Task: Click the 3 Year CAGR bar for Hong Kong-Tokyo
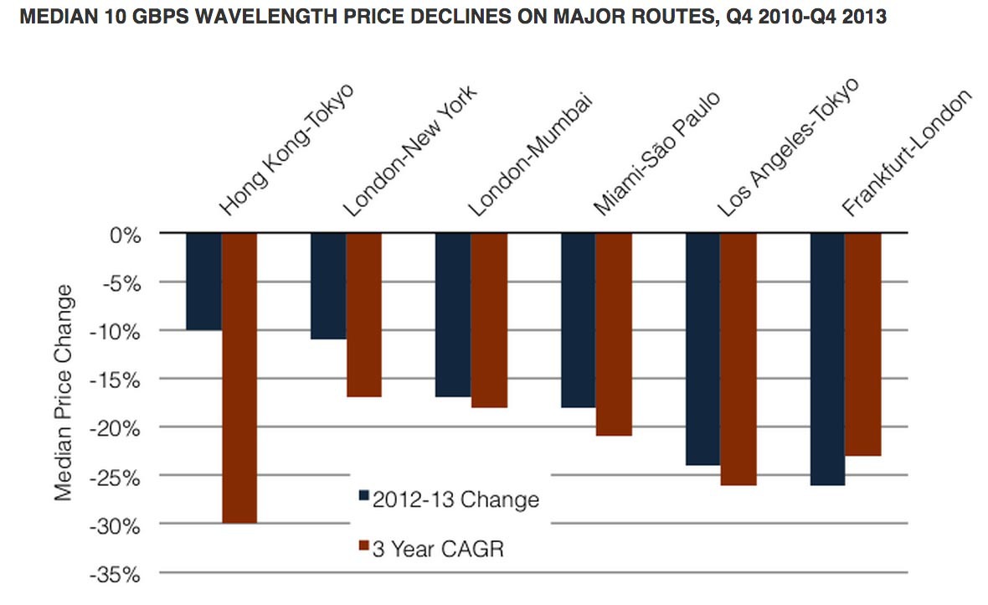(x=239, y=378)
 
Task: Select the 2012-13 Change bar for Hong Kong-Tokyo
(x=204, y=282)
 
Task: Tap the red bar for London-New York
(x=364, y=315)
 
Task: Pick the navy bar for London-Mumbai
(x=453, y=315)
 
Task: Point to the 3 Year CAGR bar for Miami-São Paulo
(x=614, y=334)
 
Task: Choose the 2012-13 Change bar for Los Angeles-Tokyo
(x=703, y=349)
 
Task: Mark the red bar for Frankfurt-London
(x=863, y=344)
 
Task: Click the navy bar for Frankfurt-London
(x=828, y=359)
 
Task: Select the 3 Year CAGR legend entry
(x=431, y=548)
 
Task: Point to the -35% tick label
(x=115, y=575)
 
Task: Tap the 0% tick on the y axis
(x=125, y=235)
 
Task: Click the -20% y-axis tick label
(x=115, y=429)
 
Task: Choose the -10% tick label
(x=115, y=332)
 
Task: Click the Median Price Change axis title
(x=64, y=392)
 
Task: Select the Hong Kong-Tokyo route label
(x=286, y=149)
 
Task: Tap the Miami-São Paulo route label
(x=656, y=153)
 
